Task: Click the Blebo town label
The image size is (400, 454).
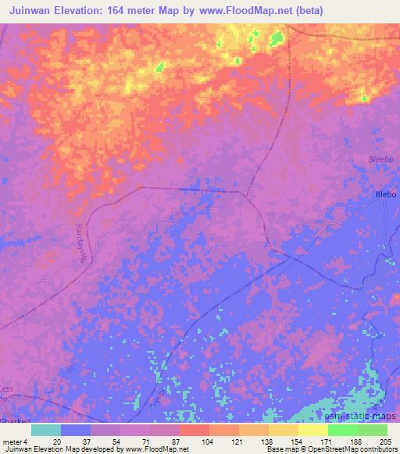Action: [386, 194]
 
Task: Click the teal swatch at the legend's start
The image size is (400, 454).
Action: [46, 430]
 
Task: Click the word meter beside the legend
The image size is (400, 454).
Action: [12, 442]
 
